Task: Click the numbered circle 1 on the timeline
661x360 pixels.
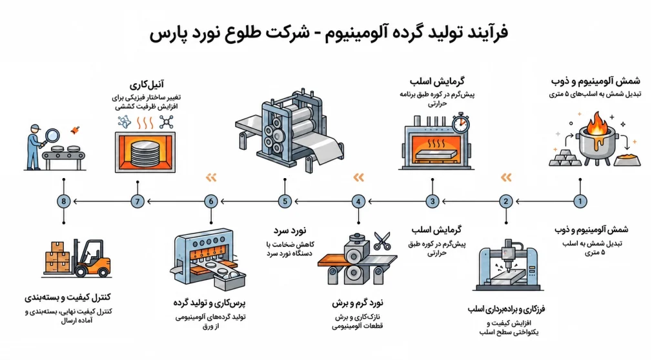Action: [580, 201]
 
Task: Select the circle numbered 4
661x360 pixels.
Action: [358, 201]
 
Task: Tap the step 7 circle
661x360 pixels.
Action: [137, 201]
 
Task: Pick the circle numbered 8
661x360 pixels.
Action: [64, 201]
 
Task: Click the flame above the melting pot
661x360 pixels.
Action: [596, 123]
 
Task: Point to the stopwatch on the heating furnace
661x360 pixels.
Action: [460, 123]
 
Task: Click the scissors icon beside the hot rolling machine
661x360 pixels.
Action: [382, 241]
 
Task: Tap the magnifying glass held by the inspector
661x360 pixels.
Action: [51, 136]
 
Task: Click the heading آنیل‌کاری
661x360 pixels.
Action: [147, 85]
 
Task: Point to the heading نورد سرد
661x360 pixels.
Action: [290, 230]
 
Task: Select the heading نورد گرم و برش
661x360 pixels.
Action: [358, 303]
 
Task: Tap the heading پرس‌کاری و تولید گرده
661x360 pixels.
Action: [209, 303]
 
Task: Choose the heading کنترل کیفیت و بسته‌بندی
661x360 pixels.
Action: [67, 297]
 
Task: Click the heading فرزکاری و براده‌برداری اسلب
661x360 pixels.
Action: [506, 309]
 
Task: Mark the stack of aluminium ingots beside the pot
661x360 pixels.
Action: [564, 158]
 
